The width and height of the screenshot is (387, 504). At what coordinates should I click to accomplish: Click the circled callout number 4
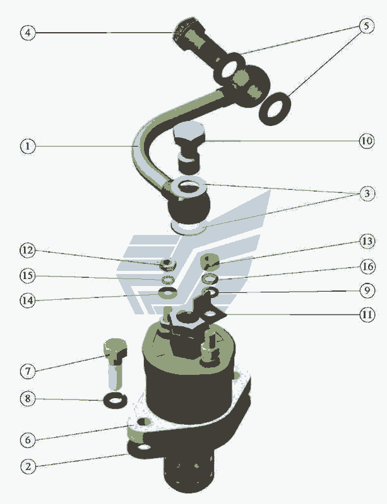pyautogui.click(x=28, y=33)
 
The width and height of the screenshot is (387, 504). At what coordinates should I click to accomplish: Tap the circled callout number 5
pyautogui.click(x=366, y=26)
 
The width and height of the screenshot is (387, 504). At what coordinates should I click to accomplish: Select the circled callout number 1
pyautogui.click(x=28, y=146)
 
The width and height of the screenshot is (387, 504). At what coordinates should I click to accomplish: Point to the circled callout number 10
pyautogui.click(x=367, y=140)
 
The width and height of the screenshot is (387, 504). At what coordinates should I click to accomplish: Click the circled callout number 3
pyautogui.click(x=367, y=193)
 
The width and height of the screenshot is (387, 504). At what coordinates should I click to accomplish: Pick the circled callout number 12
pyautogui.click(x=28, y=250)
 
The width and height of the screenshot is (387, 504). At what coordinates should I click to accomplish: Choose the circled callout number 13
pyautogui.click(x=367, y=241)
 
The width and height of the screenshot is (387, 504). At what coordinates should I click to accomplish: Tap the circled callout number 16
pyautogui.click(x=367, y=266)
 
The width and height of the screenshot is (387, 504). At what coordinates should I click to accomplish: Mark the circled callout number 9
pyautogui.click(x=367, y=290)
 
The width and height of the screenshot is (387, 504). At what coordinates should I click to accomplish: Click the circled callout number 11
pyautogui.click(x=367, y=314)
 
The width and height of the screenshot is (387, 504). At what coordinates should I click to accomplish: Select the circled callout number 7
pyautogui.click(x=28, y=371)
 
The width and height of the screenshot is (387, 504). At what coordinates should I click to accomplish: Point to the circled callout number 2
pyautogui.click(x=28, y=466)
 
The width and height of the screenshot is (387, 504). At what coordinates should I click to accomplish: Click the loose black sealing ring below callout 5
pyautogui.click(x=275, y=109)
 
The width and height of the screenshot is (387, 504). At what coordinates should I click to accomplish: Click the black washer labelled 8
pyautogui.click(x=115, y=400)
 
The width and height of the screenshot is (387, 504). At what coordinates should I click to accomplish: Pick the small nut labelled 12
pyautogui.click(x=168, y=265)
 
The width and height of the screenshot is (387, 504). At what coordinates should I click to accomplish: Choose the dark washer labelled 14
pyautogui.click(x=167, y=293)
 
